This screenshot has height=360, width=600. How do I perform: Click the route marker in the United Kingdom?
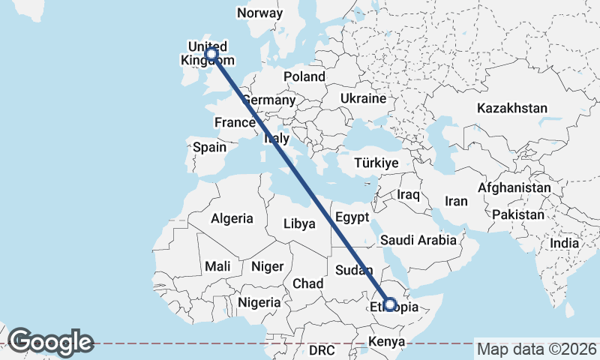(211, 54)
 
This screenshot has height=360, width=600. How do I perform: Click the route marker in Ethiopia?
(390, 304)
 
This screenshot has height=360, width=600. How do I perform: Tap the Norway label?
(259, 13)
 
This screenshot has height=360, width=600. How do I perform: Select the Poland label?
(304, 76)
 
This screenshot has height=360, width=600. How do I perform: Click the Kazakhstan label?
(512, 108)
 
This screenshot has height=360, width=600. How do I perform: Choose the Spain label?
(209, 147)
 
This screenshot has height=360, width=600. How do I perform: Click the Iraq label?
(407, 194)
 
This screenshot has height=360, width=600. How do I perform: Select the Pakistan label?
(518, 214)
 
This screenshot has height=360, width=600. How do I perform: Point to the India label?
(564, 243)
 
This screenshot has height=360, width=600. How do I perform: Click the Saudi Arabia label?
(418, 240)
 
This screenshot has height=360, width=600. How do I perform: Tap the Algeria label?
(232, 219)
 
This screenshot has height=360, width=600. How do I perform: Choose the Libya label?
(298, 223)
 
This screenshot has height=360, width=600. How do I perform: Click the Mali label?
(217, 266)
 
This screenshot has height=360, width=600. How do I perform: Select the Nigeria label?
(258, 302)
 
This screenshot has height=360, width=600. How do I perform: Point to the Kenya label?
(385, 343)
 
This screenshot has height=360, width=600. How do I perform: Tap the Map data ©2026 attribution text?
(537, 349)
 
